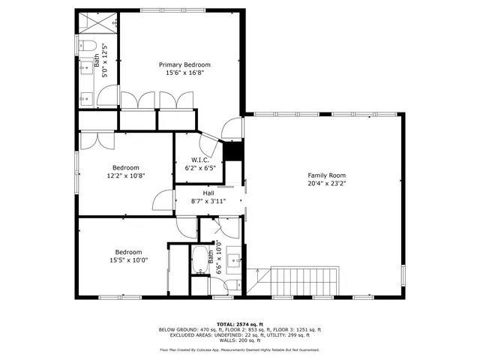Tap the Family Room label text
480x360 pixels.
click(326, 175)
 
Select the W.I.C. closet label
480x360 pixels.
click(199, 160)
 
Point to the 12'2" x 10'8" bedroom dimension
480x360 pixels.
click(125, 175)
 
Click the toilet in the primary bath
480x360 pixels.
click(89, 46)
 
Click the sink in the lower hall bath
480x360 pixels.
click(233, 260)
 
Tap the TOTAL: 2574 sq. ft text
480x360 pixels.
click(239, 323)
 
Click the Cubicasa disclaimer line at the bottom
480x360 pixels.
click(239, 349)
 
